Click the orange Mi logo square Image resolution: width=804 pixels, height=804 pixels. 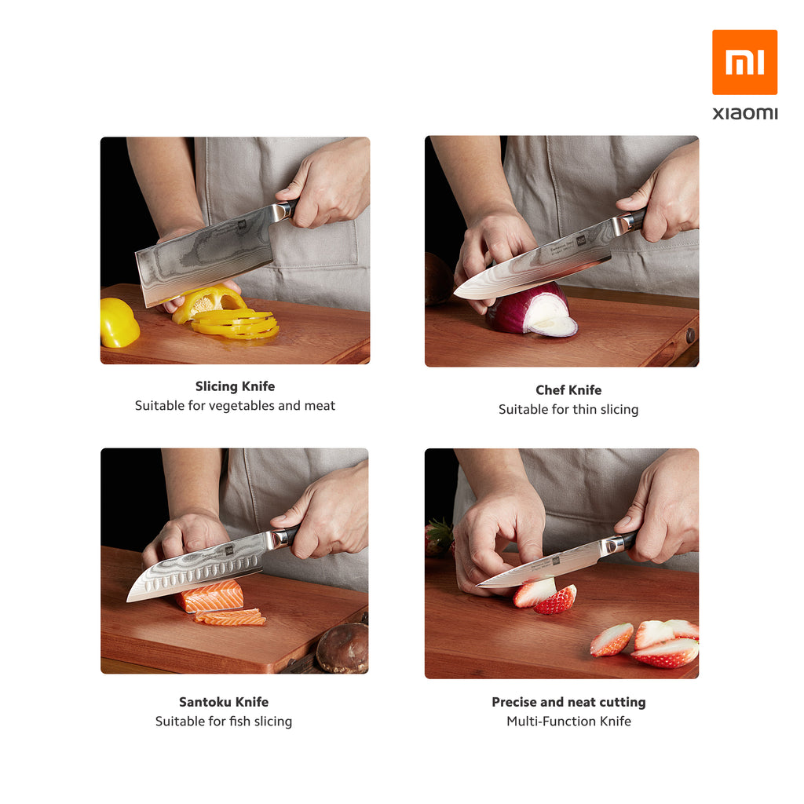pos(744,62)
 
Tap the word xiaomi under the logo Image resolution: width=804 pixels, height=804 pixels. pos(744,113)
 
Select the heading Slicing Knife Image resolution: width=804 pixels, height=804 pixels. pos(235,386)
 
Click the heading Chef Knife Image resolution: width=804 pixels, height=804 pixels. pos(568,389)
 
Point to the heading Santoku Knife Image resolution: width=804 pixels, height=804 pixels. pos(224,701)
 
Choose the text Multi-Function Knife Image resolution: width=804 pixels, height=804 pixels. pos(568,721)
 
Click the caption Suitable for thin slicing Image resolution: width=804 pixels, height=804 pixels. pos(568,409)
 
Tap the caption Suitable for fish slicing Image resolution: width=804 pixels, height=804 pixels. pos(224,721)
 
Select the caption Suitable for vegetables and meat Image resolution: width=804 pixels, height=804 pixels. pos(235,406)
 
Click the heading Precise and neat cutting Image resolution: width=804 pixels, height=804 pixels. pos(568,701)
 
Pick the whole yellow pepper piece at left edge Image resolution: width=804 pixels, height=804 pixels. pos(119,323)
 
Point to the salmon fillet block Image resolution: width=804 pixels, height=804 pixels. pos(211,596)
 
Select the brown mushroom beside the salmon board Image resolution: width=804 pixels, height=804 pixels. pos(342,648)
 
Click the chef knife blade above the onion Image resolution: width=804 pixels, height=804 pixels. pos(533,263)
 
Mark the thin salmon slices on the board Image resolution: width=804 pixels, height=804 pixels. pos(230,617)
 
